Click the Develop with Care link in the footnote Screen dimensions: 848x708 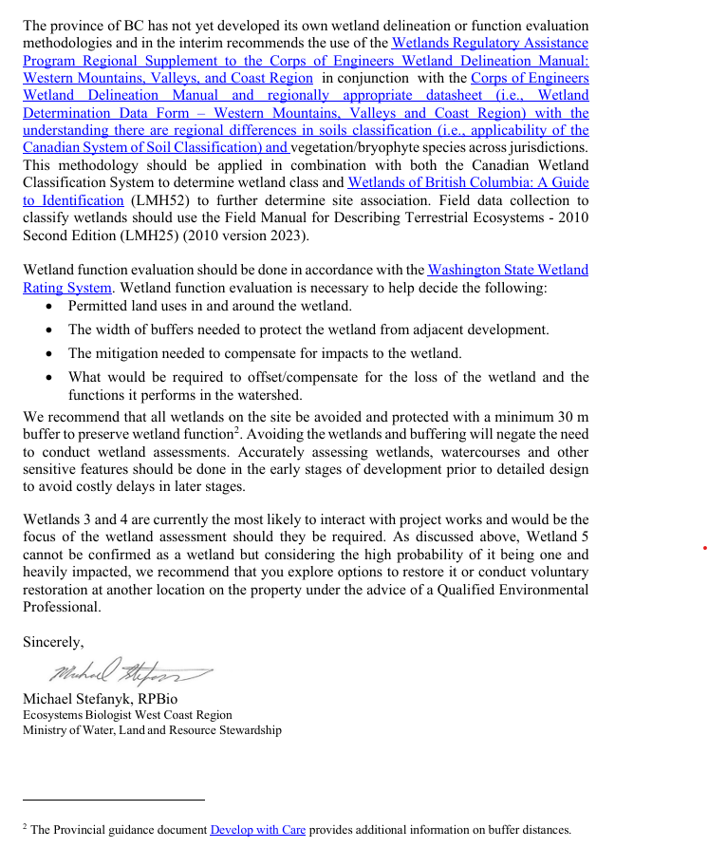[257, 830]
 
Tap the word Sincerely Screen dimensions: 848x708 [53, 642]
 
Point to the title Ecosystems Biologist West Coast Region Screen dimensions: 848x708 [127, 715]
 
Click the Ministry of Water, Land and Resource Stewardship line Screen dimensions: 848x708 [152, 730]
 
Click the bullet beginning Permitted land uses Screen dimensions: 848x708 [210, 306]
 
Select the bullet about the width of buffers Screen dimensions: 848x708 [308, 330]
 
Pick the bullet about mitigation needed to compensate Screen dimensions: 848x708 [265, 353]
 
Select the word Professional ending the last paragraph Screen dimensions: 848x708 [62, 607]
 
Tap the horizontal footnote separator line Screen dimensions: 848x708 [114, 801]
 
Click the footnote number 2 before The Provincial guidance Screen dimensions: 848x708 [26, 827]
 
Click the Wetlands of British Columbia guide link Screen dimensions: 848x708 [468, 182]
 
